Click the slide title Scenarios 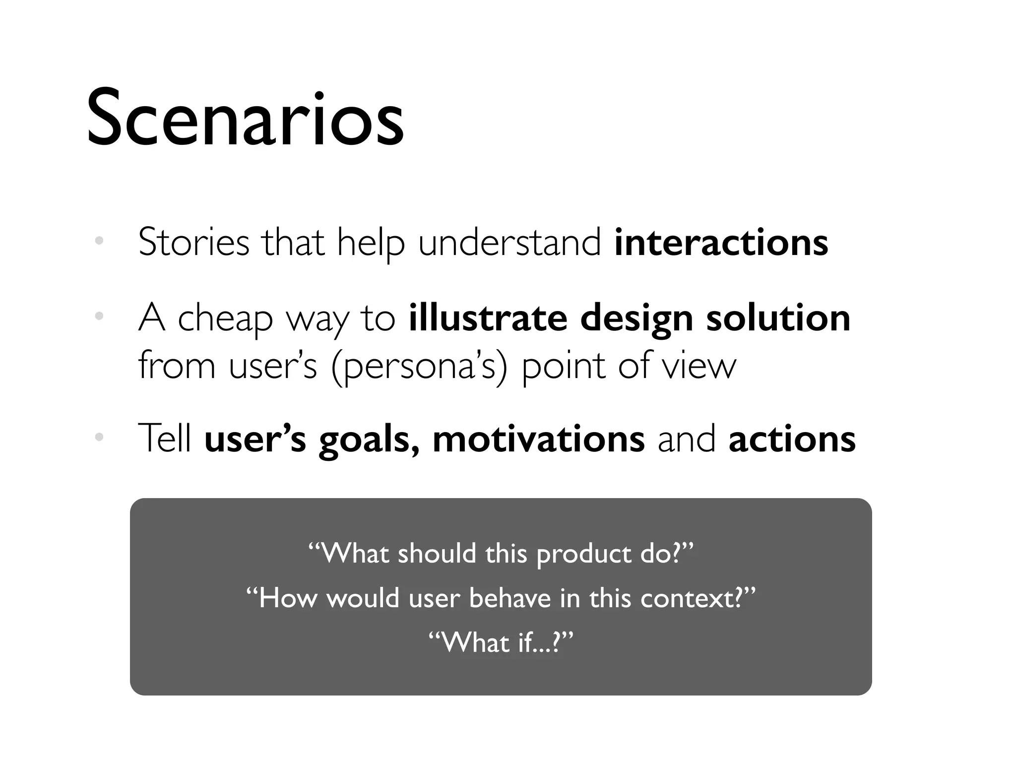pos(245,119)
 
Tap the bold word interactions pos(721,243)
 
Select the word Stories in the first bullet pos(193,243)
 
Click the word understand pos(509,243)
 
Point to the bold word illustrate pos(488,317)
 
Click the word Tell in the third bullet pos(165,439)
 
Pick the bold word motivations pos(538,439)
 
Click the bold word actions pos(792,439)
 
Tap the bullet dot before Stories pos(99,241)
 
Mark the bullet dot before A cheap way pos(99,316)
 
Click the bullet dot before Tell pos(99,437)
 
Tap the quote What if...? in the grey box pos(500,642)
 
